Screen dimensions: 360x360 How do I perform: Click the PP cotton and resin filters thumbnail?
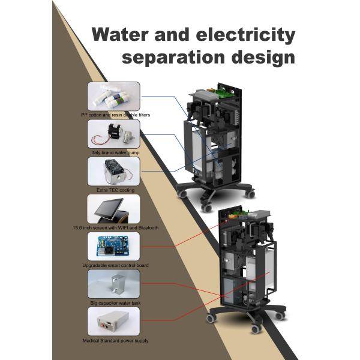point(113,96)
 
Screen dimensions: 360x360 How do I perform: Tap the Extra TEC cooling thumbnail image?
point(113,171)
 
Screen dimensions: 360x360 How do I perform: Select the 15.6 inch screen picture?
point(113,209)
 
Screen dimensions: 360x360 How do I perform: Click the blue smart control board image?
point(113,247)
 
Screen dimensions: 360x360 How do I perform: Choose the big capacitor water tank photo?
point(113,284)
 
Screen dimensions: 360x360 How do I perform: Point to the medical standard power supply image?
point(113,322)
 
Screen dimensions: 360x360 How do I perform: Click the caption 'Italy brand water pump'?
point(114,152)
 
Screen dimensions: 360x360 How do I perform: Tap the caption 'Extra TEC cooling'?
point(114,190)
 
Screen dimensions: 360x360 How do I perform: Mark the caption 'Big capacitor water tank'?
point(114,303)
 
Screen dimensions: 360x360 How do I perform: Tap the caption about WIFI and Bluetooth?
point(114,228)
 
